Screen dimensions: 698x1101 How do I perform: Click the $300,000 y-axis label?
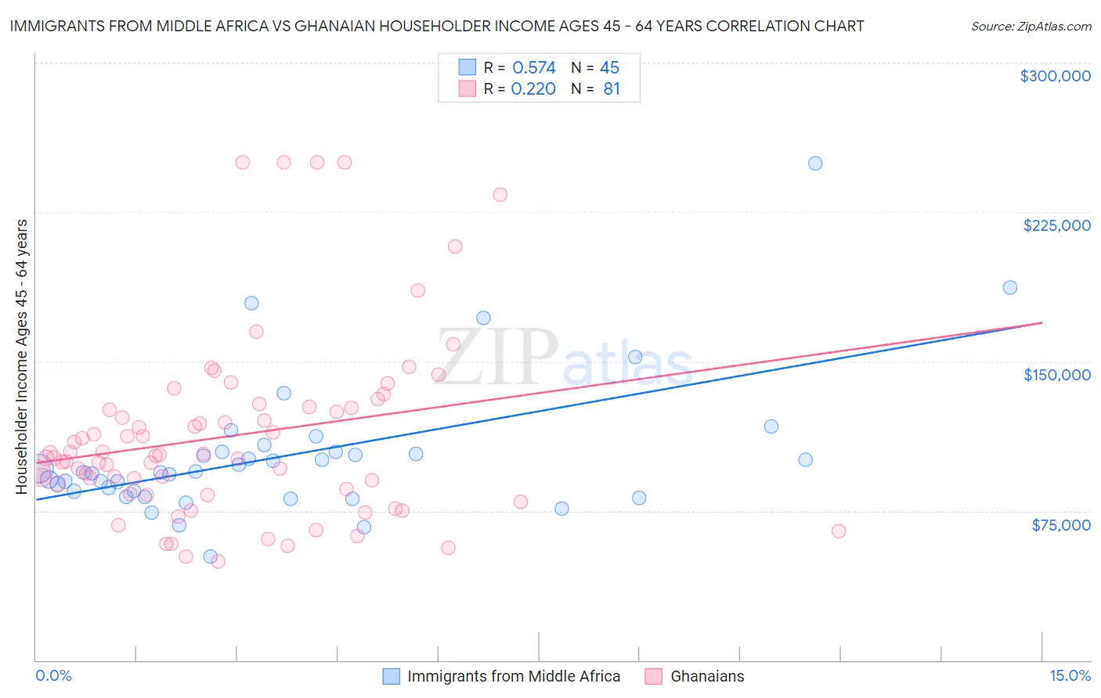1055,76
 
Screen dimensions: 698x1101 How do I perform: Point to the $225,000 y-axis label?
1056,225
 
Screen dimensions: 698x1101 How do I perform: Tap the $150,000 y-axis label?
1056,375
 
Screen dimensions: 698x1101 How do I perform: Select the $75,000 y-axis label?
1060,525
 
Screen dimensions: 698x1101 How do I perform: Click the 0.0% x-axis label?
53,675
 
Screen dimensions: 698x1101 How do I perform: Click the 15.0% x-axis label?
1070,675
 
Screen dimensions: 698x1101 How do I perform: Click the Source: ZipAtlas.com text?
1031,26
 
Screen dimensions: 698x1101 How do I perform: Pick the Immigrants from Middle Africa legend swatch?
391,676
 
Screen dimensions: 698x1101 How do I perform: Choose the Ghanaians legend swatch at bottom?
654,676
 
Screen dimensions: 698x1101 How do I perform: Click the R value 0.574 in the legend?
533,68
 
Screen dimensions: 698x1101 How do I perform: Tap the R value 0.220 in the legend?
533,89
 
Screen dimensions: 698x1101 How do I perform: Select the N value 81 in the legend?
612,89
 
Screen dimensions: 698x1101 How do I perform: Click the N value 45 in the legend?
609,68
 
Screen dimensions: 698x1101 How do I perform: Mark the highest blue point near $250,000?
815,164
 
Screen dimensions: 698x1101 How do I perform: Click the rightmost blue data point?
1010,287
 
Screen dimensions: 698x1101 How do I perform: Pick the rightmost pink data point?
839,531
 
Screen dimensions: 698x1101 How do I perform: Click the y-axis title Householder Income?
22,357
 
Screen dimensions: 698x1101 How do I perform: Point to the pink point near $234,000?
500,194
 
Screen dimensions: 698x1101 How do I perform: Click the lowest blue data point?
210,556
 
